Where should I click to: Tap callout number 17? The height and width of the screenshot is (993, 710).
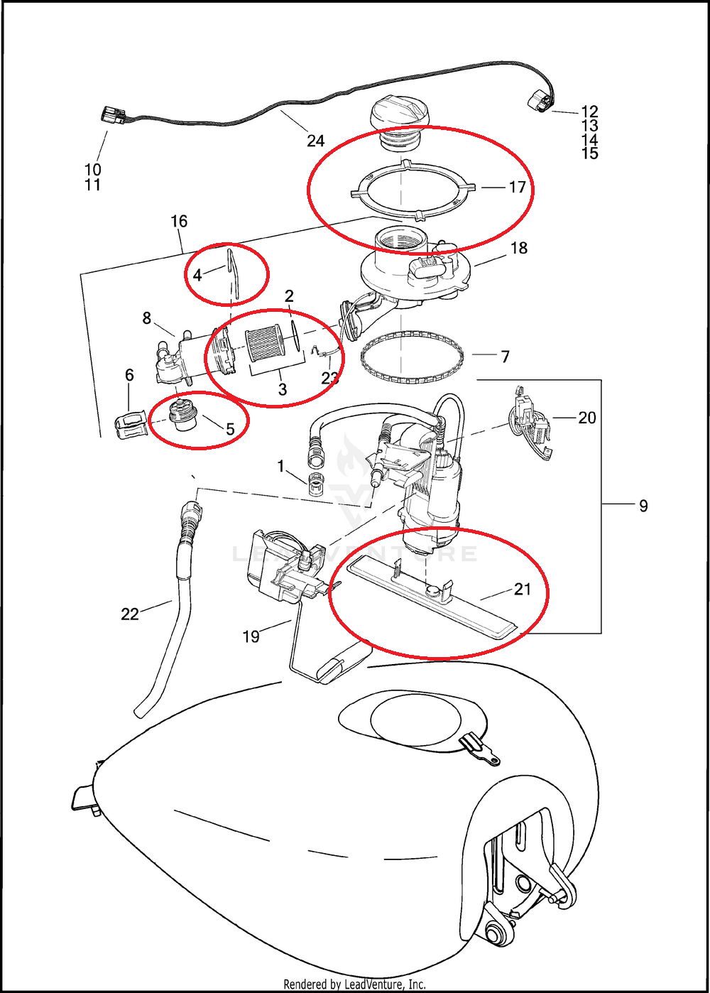pos(517,187)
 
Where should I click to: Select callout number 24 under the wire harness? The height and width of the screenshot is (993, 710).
pos(315,141)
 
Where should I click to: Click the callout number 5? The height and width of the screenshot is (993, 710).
pos(230,429)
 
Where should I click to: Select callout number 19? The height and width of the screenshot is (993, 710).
pos(251,636)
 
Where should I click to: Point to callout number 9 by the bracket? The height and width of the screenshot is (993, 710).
pos(643,506)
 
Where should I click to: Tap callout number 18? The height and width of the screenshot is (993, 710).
pos(519,248)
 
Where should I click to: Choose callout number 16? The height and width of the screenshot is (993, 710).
pos(179,221)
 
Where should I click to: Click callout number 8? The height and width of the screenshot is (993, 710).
pos(147,318)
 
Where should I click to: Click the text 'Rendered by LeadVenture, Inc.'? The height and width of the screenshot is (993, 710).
pos(354,984)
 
